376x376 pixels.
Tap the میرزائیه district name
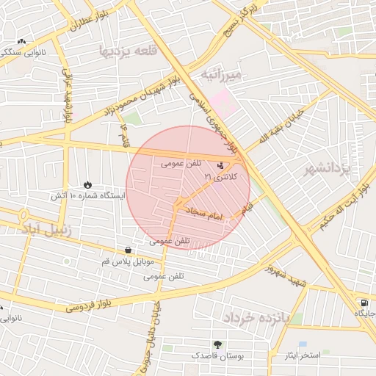(x=231, y=75)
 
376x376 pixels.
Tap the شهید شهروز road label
(x=286, y=275)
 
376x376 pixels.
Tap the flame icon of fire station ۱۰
(x=88, y=184)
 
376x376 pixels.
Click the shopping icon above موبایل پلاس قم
(x=129, y=250)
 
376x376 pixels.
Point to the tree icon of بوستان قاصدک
(x=217, y=344)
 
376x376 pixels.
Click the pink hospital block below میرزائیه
(x=221, y=101)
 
